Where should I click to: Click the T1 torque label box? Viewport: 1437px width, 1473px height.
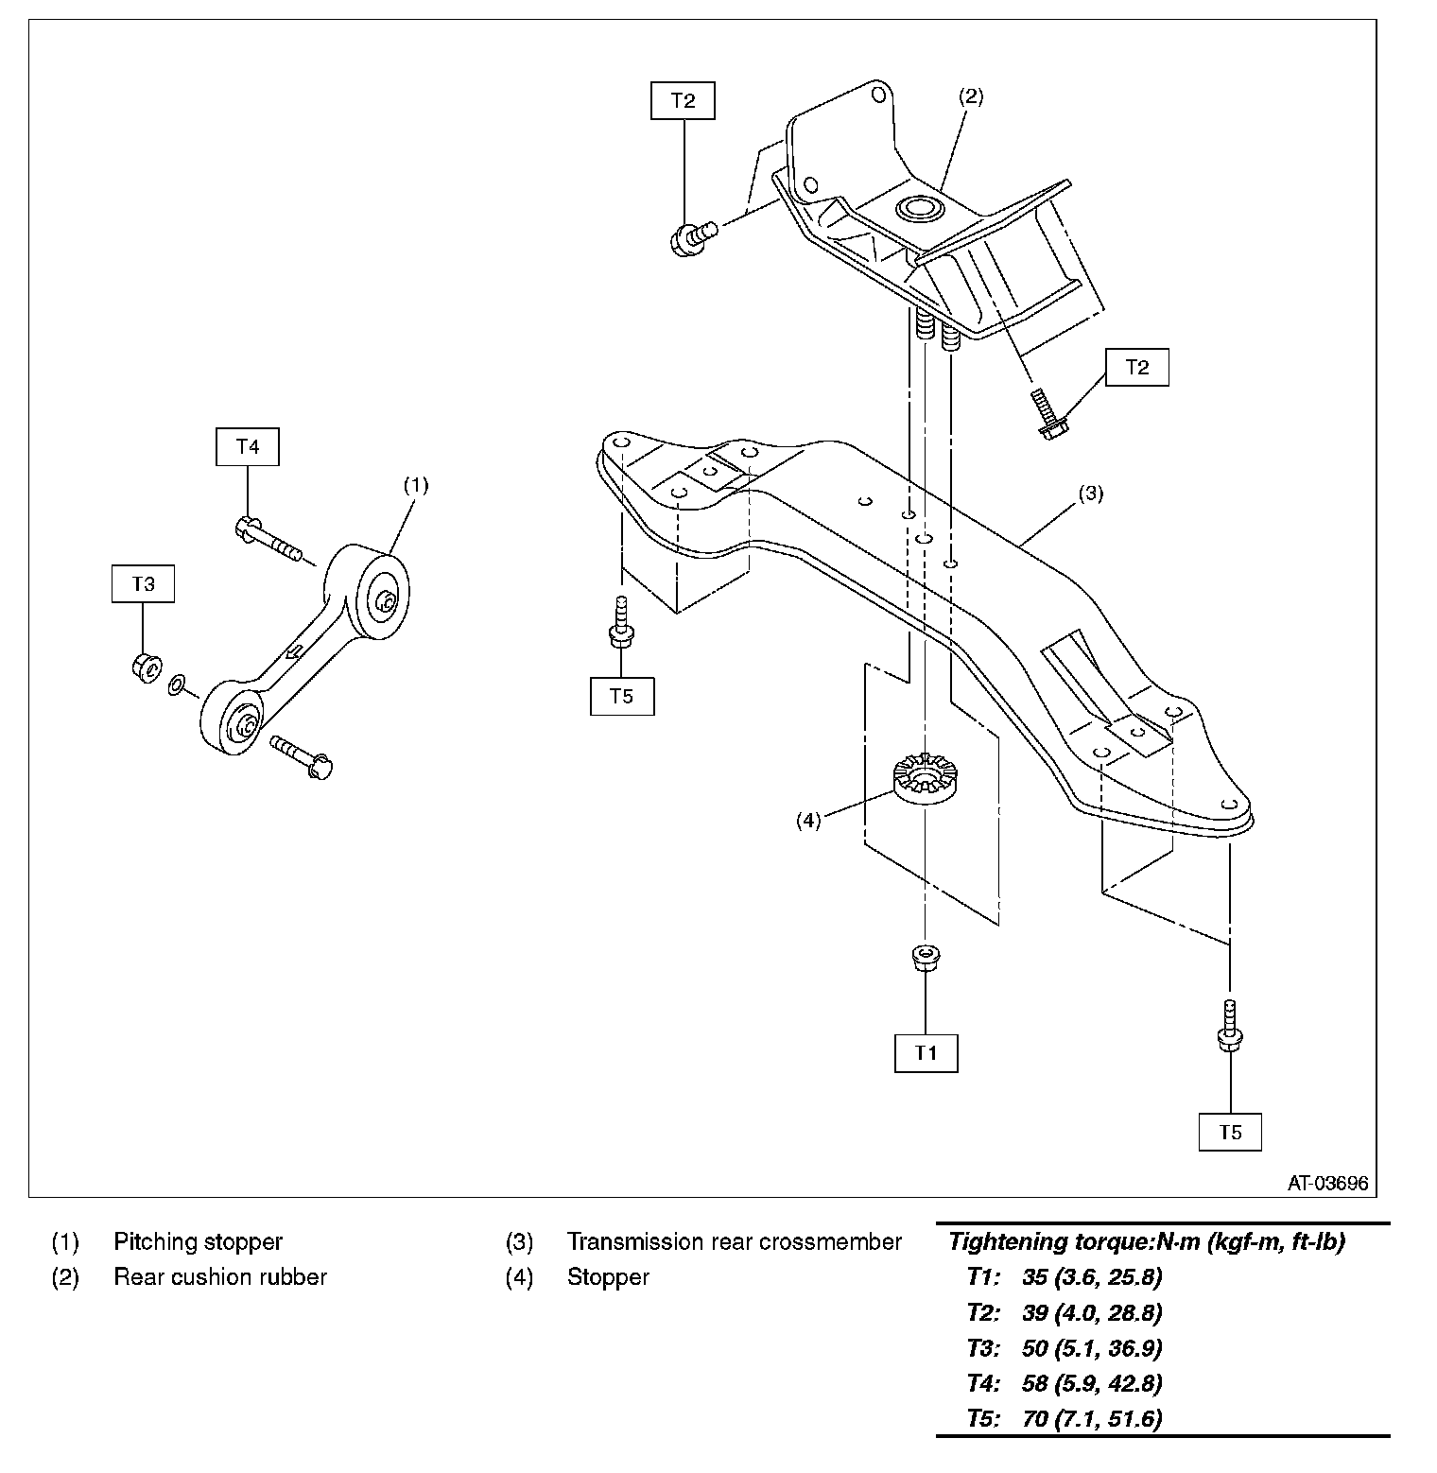point(926,1052)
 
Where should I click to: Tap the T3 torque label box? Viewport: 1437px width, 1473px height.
point(143,583)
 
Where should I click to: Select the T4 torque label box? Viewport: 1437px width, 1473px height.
point(248,446)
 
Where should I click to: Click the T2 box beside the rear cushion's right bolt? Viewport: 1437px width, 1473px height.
point(1136,367)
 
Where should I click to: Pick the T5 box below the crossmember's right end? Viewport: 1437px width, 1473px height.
point(1230,1132)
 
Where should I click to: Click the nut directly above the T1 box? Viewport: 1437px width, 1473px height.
point(924,957)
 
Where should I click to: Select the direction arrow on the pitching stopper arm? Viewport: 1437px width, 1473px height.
point(294,650)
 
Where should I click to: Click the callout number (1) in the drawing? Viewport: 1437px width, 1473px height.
point(416,485)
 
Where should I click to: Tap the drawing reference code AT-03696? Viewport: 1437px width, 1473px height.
point(1327,1184)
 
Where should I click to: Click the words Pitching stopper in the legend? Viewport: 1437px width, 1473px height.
point(198,1241)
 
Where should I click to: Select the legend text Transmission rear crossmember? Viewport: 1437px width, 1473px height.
point(734,1241)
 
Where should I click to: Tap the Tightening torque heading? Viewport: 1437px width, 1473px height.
point(1146,1241)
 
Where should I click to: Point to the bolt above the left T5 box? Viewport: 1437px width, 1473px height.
point(621,622)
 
